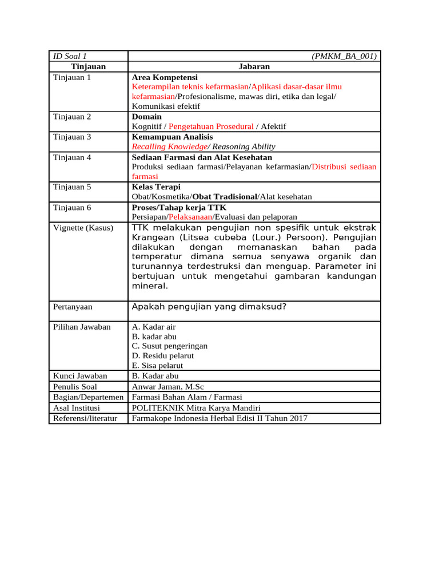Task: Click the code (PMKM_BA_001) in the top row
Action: pos(344,56)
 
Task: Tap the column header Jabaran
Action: pos(254,66)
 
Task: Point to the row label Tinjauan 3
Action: pos(72,137)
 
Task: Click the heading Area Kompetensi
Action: pos(165,77)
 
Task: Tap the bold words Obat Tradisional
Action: pos(226,197)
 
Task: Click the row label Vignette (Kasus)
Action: pos(83,227)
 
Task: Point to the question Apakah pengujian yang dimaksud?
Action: pos(209,307)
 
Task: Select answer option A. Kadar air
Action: pos(154,327)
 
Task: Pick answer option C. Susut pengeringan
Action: pos(170,346)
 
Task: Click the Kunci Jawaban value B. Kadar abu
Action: pos(155,376)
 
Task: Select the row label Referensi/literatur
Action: pos(85,418)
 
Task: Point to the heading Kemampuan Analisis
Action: pos(172,137)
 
